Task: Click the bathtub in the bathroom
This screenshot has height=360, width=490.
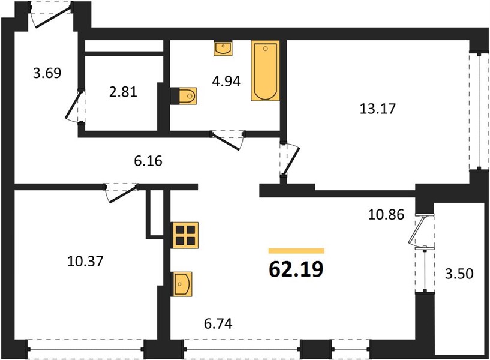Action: click(x=265, y=71)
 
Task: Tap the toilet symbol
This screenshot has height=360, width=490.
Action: click(x=184, y=96)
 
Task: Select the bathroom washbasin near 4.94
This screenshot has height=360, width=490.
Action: click(x=223, y=48)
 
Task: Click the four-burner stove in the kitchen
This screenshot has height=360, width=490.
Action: click(x=184, y=235)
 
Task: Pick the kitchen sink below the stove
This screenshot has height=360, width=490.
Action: click(x=181, y=284)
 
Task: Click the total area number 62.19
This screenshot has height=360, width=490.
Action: click(x=296, y=269)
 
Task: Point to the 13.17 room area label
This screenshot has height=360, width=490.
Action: click(x=378, y=109)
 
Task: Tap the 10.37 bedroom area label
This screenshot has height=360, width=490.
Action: click(x=85, y=261)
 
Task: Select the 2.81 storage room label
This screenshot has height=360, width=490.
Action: click(x=123, y=92)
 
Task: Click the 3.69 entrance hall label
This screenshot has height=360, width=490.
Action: click(x=47, y=73)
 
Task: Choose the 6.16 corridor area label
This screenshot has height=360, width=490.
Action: click(x=148, y=161)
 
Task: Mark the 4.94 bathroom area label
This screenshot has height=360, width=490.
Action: click(x=226, y=81)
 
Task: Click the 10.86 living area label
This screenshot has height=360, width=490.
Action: click(x=386, y=215)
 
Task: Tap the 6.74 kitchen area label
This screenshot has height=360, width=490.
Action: click(x=218, y=323)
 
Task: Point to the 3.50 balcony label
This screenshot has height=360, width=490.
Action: click(x=459, y=274)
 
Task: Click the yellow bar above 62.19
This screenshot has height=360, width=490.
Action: click(x=296, y=251)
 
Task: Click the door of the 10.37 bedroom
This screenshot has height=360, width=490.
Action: click(x=122, y=194)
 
